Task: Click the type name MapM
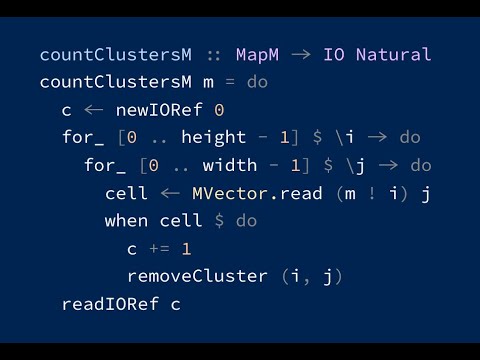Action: (x=257, y=55)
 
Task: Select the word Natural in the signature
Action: (x=393, y=55)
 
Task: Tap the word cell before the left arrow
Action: (x=127, y=192)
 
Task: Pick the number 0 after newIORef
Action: (x=219, y=109)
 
